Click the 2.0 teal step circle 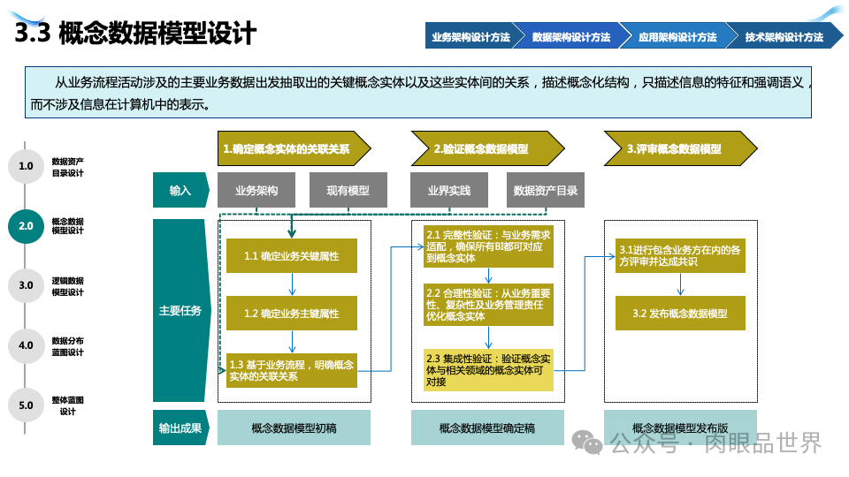[26, 225]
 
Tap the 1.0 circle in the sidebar [26, 166]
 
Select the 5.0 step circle [26, 405]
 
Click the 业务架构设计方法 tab [470, 37]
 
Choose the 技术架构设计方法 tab [784, 37]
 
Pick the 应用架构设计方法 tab [677, 37]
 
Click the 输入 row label [180, 190]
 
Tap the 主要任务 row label [180, 311]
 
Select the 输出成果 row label [180, 428]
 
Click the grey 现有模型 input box [348, 190]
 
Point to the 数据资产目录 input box [546, 190]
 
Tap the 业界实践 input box [449, 190]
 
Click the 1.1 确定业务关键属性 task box [292, 256]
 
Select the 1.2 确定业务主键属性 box [292, 314]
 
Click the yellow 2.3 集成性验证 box [488, 370]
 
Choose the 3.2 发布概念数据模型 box [680, 314]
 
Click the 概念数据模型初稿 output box [294, 428]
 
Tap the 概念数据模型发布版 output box [680, 428]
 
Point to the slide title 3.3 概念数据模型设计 [136, 34]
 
